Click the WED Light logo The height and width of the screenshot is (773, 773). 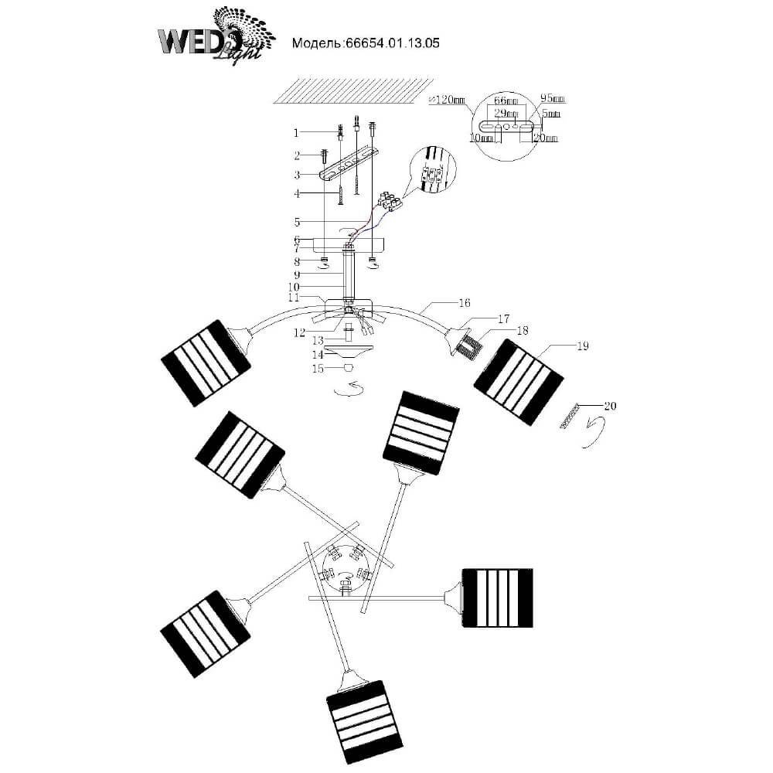pos(214,35)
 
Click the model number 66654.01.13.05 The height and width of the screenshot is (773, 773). pos(365,44)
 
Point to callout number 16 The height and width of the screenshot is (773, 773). pos(465,303)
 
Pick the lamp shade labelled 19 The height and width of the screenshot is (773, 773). pos(517,383)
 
